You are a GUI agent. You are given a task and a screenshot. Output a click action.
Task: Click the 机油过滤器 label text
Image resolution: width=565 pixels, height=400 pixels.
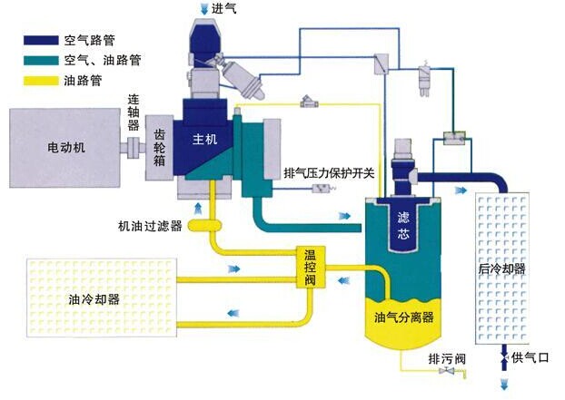click(150, 224)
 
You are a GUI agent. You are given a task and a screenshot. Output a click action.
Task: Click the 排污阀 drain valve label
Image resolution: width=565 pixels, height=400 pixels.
click(446, 360)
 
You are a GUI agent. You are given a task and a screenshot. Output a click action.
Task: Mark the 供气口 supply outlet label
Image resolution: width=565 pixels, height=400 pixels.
click(530, 359)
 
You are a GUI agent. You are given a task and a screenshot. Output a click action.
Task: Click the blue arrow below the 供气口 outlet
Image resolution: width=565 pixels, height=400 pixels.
click(503, 385)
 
